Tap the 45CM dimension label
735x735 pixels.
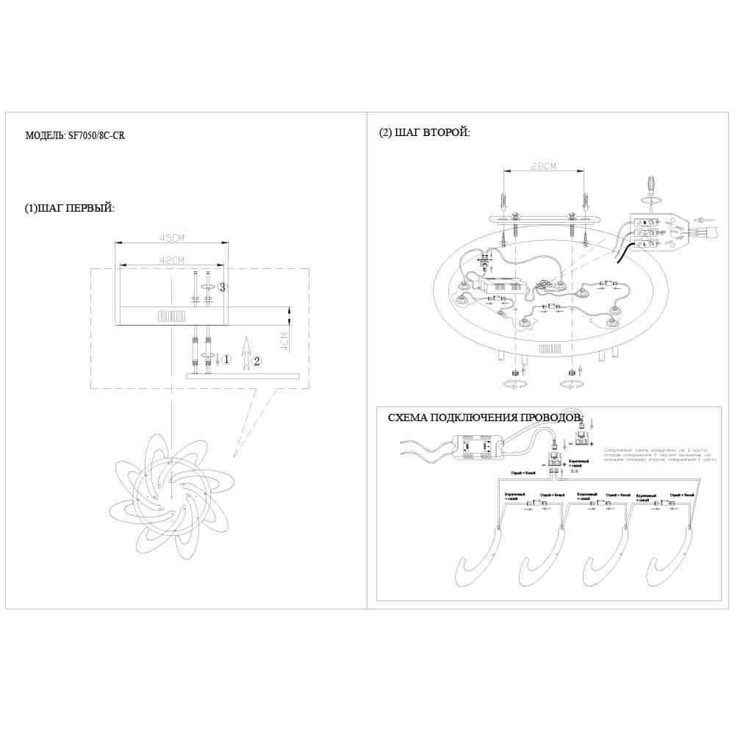(171, 238)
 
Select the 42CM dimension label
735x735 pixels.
(171, 259)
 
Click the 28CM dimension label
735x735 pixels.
(543, 167)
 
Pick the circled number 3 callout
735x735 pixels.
(222, 287)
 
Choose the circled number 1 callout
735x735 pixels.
(227, 359)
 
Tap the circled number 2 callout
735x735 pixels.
(257, 362)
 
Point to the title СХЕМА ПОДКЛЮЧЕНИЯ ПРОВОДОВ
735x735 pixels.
(484, 417)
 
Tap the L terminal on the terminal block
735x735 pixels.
(645, 244)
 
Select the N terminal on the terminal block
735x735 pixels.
(645, 222)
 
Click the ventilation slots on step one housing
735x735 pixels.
(172, 316)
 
